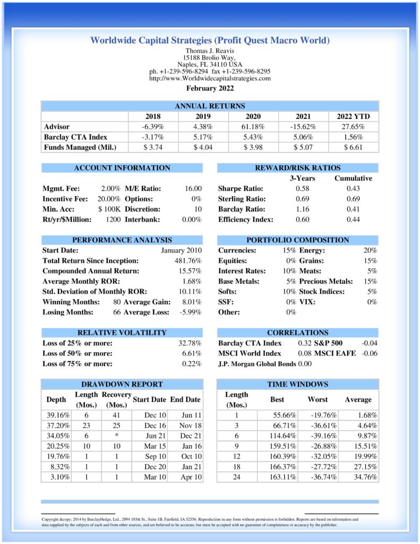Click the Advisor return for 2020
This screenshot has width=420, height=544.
tap(253, 126)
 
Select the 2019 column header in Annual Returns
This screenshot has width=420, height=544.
tap(203, 116)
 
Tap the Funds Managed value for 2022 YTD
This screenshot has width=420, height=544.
tap(353, 147)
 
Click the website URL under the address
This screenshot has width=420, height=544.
tap(210, 78)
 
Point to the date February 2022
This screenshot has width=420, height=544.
tap(210, 88)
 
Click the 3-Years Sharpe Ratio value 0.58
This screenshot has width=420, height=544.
tap(303, 189)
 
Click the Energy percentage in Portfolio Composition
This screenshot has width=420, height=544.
tap(370, 250)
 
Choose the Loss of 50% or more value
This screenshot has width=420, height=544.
tap(192, 353)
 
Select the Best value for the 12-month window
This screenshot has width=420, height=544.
tap(277, 456)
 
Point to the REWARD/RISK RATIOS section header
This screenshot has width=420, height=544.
tap(298, 168)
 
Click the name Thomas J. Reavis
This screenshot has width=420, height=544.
tap(210, 50)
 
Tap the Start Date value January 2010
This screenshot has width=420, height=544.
tap(181, 250)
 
